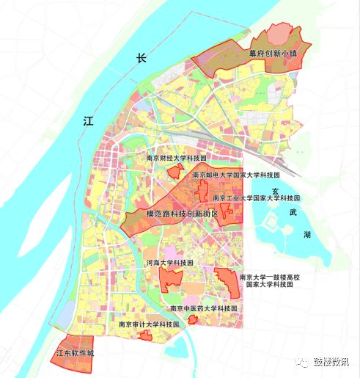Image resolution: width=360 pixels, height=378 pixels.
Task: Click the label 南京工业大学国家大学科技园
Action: point(256,198)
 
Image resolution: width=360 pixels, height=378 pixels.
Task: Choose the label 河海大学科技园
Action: point(169,262)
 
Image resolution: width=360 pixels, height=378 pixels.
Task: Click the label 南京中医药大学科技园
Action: point(203,309)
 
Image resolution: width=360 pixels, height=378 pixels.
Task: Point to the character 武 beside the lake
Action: point(294,212)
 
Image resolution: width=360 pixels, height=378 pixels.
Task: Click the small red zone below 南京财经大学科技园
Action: point(175,172)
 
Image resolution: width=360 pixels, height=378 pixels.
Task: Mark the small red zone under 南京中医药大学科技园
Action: point(192,319)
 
